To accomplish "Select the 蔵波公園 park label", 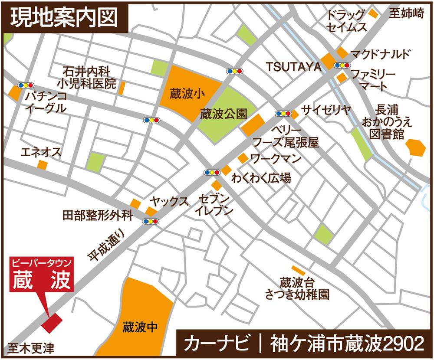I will point(224,114).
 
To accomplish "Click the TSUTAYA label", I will point(293,66).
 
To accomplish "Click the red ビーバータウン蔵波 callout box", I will point(42,275).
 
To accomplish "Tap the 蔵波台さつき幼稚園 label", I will point(297,288).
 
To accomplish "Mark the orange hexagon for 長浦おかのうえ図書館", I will point(416,147).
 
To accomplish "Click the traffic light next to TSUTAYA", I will point(342,65).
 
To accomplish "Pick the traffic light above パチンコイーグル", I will point(25,85).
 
